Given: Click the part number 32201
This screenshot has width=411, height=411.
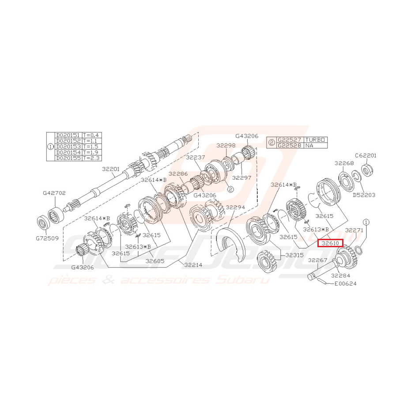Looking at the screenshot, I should pos(111,169).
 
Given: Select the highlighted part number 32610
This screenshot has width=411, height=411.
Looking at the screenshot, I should pos(330,243).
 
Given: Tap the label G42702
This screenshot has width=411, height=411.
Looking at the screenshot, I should pos(54,193).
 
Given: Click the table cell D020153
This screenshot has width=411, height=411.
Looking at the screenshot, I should pos(68,146).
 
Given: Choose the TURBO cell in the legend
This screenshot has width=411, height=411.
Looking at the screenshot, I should pos(316,140).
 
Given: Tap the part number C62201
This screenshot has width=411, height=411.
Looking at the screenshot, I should pos(366,155).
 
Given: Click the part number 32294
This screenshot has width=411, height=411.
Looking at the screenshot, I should pos(235,207).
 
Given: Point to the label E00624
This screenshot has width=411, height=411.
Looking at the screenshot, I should pos(345,284).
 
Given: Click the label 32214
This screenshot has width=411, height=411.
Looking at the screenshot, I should pos(193,265).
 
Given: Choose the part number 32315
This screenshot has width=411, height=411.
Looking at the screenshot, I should pos(294,255).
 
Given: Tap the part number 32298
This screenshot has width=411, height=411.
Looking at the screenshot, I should pos(226,145).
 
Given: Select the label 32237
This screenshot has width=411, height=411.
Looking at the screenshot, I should pos(195,157).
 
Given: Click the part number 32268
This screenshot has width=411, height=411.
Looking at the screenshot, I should pos(344,163).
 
